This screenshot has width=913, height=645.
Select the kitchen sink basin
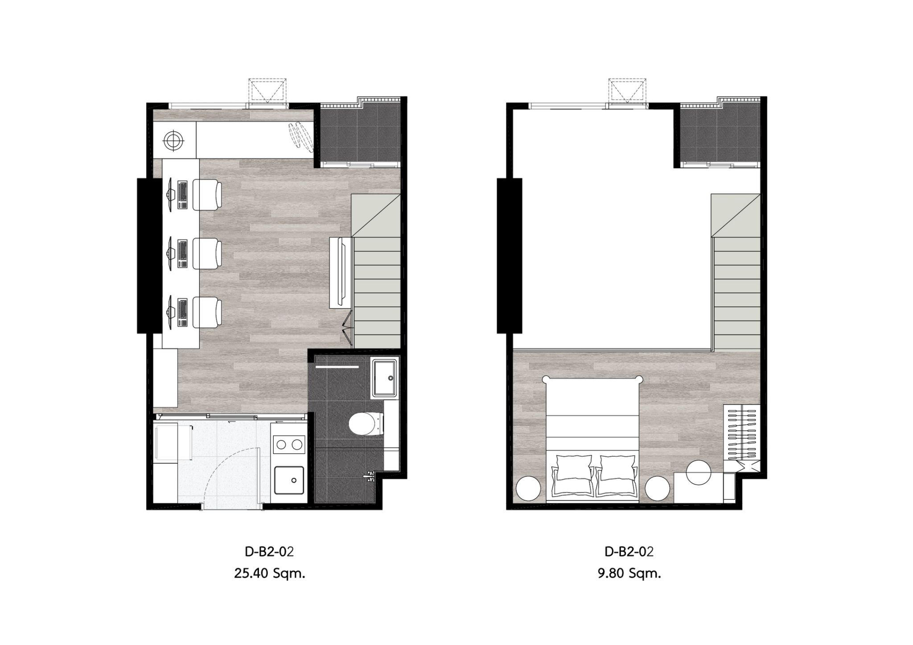[289, 480]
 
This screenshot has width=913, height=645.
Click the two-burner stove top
[288, 445]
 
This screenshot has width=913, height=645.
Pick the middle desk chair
[207, 253]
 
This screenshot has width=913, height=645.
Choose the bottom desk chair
[207, 312]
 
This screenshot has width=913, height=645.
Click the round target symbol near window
[174, 141]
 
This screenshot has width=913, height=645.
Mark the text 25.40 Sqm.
[270, 573]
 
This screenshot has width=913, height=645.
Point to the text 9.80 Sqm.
[629, 573]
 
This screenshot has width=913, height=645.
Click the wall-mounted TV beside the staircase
[341, 273]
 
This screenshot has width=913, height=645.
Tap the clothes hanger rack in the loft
[742, 432]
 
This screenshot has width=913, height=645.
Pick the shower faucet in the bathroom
[369, 477]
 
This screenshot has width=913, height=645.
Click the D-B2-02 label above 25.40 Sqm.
[269, 551]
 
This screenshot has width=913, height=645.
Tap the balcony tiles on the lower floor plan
[359, 135]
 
